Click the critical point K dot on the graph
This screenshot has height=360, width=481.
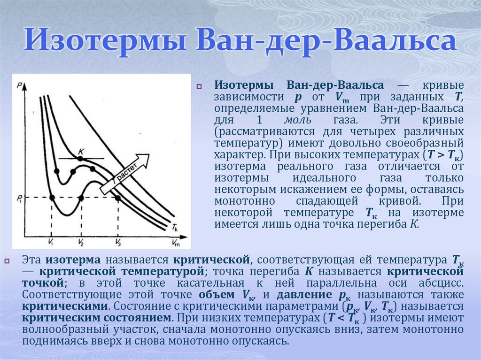coord(80,159)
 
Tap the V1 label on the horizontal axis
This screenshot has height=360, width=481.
coord(51,242)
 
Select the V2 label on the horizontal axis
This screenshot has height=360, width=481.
coord(81,242)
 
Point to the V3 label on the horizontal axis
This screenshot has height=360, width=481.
coord(117,242)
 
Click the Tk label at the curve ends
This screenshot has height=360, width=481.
coord(174,228)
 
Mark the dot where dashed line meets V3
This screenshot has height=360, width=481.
coord(118,198)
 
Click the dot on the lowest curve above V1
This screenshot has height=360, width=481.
coord(52,198)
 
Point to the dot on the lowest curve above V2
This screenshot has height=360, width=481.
coord(81,198)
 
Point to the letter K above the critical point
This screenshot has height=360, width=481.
coord(81,150)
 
